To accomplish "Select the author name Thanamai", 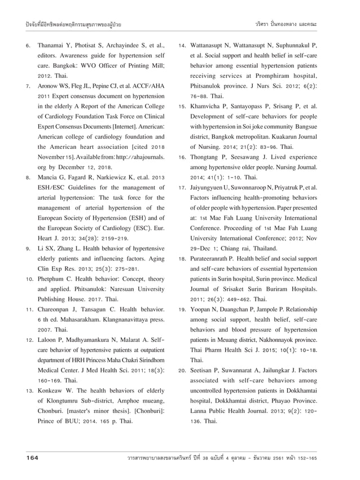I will point(52,45).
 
